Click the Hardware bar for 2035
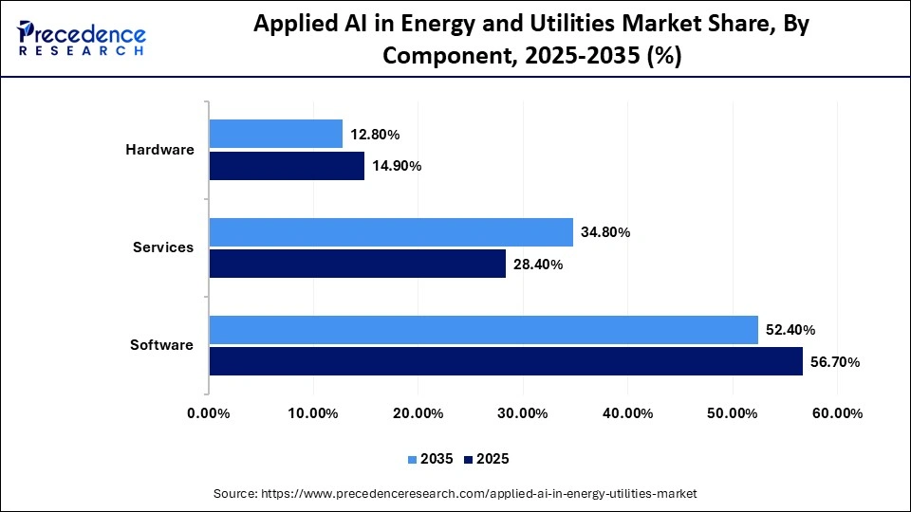pyautogui.click(x=276, y=134)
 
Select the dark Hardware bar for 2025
pyautogui.click(x=287, y=166)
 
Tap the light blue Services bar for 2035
pyautogui.click(x=391, y=232)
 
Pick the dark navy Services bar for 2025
pyautogui.click(x=358, y=264)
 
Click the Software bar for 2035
pyautogui.click(x=484, y=330)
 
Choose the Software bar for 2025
pyautogui.click(x=506, y=361)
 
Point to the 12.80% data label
pyautogui.click(x=375, y=135)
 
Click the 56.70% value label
pyautogui.click(x=835, y=362)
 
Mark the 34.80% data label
pyautogui.click(x=605, y=233)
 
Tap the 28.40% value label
pyautogui.click(x=538, y=265)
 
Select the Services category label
pyautogui.click(x=163, y=247)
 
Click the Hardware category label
pyautogui.click(x=159, y=150)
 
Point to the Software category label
pyautogui.click(x=161, y=345)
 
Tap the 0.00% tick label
pyautogui.click(x=209, y=413)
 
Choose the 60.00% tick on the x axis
pyautogui.click(x=837, y=413)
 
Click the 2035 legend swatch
pyautogui.click(x=413, y=460)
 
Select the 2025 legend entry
pyautogui.click(x=486, y=459)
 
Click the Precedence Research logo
pyautogui.click(x=82, y=38)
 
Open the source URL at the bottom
pyautogui.click(x=455, y=494)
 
